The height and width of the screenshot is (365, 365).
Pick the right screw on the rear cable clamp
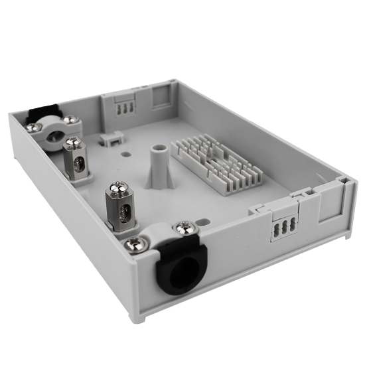(70, 121)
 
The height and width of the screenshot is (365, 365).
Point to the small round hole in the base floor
(126, 153)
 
